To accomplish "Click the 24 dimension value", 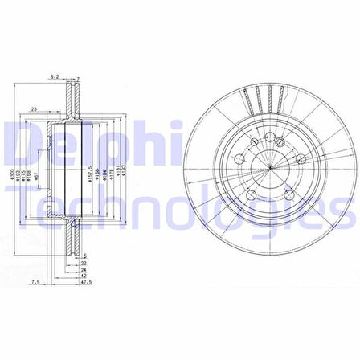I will tap(84, 268).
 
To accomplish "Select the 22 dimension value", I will tap(84, 262).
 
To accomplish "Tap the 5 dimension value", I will tap(84, 255).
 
